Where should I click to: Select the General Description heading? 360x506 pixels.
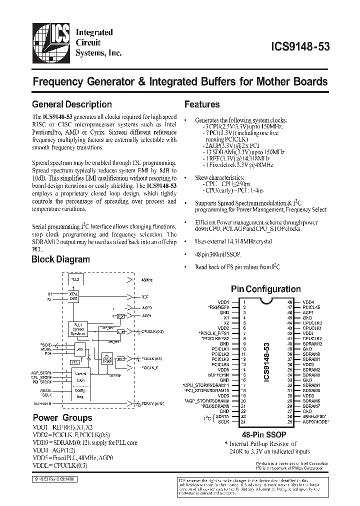pyautogui.click(x=71, y=104)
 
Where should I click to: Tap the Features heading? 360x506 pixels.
pyautogui.click(x=202, y=104)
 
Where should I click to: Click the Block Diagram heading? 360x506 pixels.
pyautogui.click(x=60, y=259)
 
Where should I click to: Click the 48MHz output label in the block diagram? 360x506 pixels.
pyautogui.click(x=148, y=280)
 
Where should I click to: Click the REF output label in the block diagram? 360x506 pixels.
pyautogui.click(x=145, y=296)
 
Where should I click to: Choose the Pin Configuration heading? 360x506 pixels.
pyautogui.click(x=265, y=289)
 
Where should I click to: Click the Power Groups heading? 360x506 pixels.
pyautogui.click(x=62, y=418)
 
